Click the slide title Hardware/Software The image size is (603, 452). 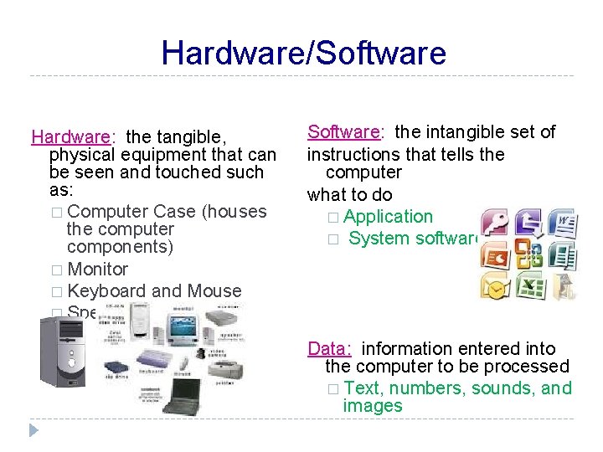tap(303, 53)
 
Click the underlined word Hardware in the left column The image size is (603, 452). tap(70, 136)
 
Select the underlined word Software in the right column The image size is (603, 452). tap(343, 131)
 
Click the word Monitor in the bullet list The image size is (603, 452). tap(97, 269)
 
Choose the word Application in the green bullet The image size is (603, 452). tap(388, 216)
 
